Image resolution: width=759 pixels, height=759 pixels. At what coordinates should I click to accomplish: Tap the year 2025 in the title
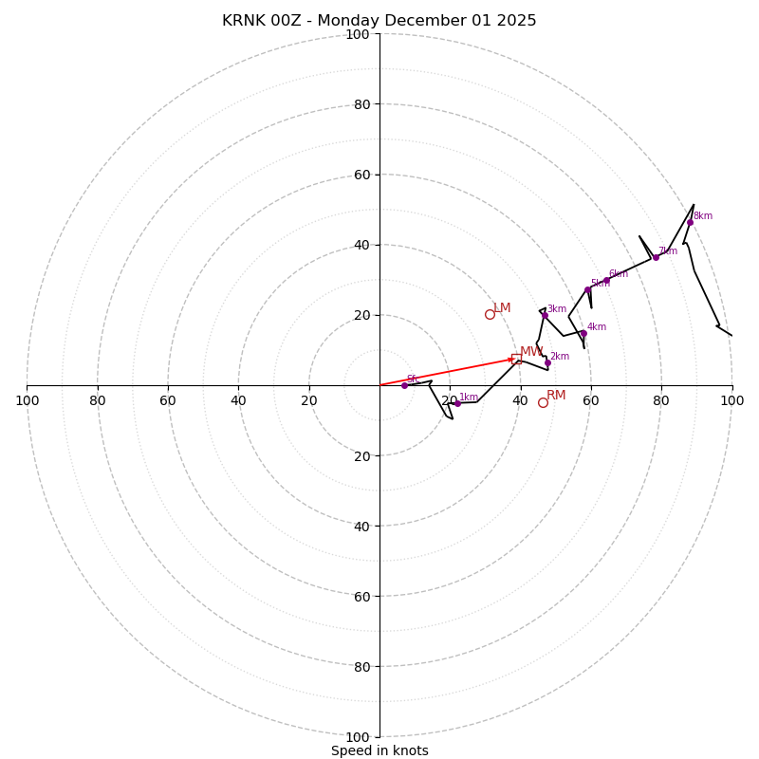click(517, 21)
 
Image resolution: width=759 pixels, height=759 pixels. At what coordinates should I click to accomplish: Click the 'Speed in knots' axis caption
click(379, 750)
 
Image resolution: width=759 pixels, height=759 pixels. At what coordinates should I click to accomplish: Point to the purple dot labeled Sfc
click(404, 385)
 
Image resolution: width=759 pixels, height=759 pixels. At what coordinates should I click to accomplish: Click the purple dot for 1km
click(457, 403)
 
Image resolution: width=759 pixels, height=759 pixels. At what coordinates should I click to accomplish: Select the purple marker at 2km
click(547, 362)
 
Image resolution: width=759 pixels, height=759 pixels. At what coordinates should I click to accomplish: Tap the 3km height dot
click(545, 315)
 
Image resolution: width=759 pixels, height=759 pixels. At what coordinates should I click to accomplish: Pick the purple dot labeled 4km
click(583, 333)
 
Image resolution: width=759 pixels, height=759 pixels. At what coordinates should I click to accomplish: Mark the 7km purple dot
click(656, 257)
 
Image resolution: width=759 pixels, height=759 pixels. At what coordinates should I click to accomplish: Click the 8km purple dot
click(690, 222)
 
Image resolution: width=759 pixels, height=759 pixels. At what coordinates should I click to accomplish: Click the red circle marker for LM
click(490, 314)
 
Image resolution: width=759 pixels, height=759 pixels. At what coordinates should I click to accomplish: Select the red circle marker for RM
click(543, 402)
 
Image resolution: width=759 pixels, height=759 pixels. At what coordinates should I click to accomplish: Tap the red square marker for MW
click(516, 358)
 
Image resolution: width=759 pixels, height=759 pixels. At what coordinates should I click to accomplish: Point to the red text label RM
click(556, 395)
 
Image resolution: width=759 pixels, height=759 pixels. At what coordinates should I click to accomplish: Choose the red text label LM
click(502, 307)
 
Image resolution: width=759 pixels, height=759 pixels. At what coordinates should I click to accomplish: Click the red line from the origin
click(446, 372)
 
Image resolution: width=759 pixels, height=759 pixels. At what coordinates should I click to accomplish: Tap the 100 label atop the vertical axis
click(358, 35)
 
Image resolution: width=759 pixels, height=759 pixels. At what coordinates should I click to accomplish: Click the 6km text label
click(618, 273)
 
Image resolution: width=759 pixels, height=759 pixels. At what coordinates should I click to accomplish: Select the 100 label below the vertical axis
click(358, 737)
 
